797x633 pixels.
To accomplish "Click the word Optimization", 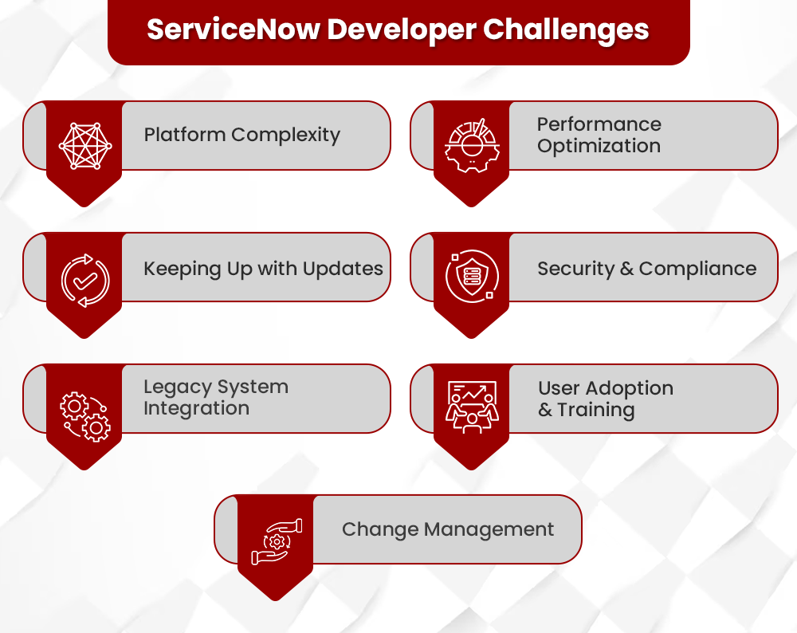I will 599,147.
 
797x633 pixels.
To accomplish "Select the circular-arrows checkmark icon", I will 85,280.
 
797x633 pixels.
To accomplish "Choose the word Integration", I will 196,409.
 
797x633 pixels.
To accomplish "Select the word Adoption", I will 629,389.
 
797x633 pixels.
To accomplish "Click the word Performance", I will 599,124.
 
